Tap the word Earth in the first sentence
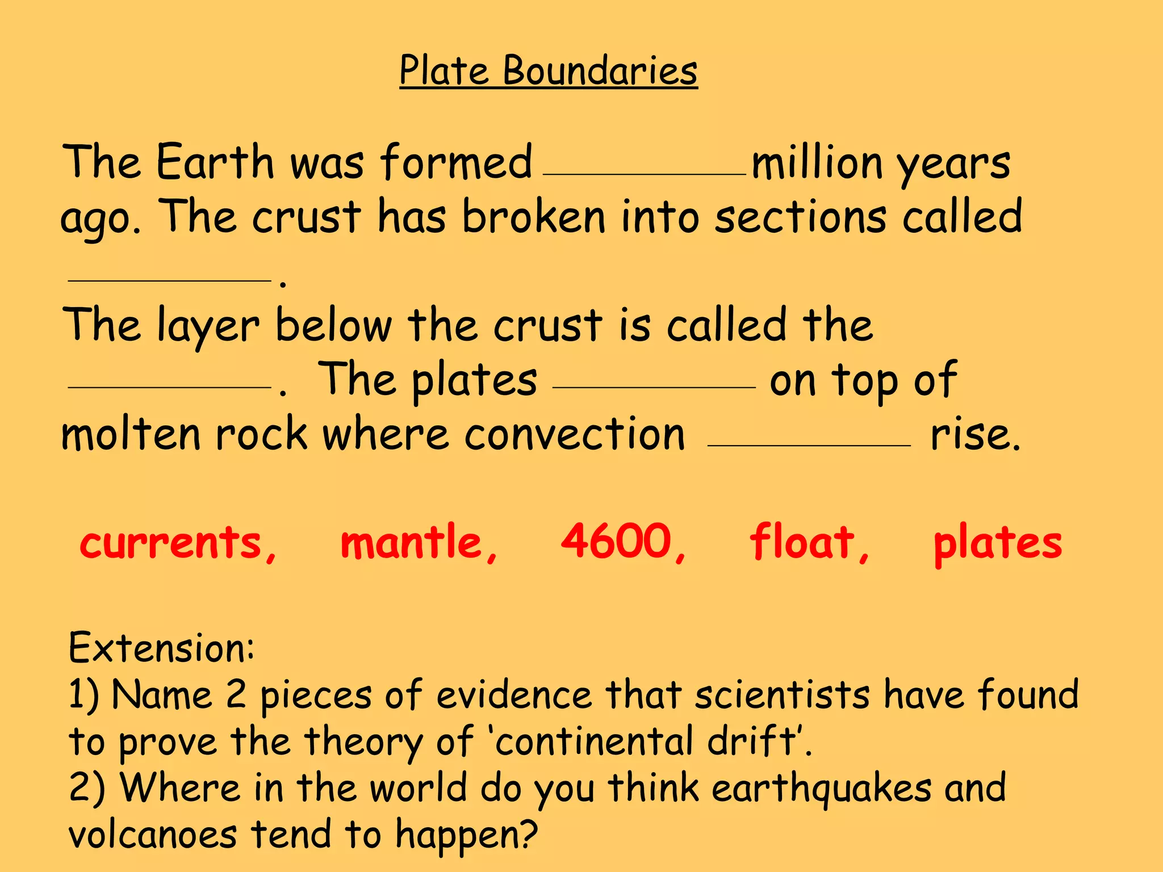pyautogui.click(x=215, y=162)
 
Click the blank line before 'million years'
pyautogui.click(x=645, y=174)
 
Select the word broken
pyautogui.click(x=534, y=217)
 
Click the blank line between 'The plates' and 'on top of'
pyautogui.click(x=654, y=387)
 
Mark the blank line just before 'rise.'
pyautogui.click(x=809, y=446)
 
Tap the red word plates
pyautogui.click(x=997, y=543)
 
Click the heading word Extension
pyautogui.click(x=161, y=647)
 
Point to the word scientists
pyautogui.click(x=782, y=695)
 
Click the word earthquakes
pyautogui.click(x=821, y=789)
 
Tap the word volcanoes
pyautogui.click(x=152, y=835)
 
